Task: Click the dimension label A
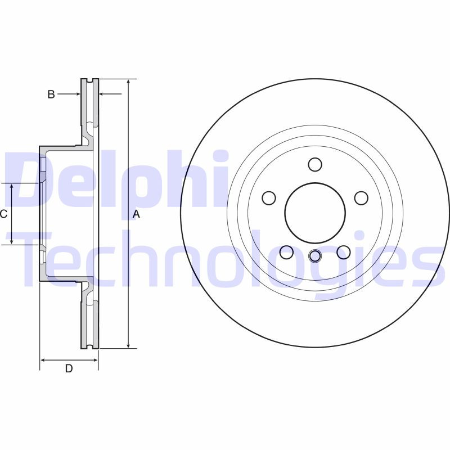(136, 214)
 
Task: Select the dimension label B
(51, 94)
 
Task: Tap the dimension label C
(3, 214)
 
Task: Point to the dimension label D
(69, 369)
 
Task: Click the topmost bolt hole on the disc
(315, 165)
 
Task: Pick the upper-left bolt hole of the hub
(269, 198)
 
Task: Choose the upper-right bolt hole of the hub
(361, 198)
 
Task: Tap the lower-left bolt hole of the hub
(286, 253)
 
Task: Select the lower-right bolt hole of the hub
(343, 253)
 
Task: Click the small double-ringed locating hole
(315, 256)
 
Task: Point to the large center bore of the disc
(315, 213)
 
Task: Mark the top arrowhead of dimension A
(129, 82)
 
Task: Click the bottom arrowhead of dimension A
(129, 345)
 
